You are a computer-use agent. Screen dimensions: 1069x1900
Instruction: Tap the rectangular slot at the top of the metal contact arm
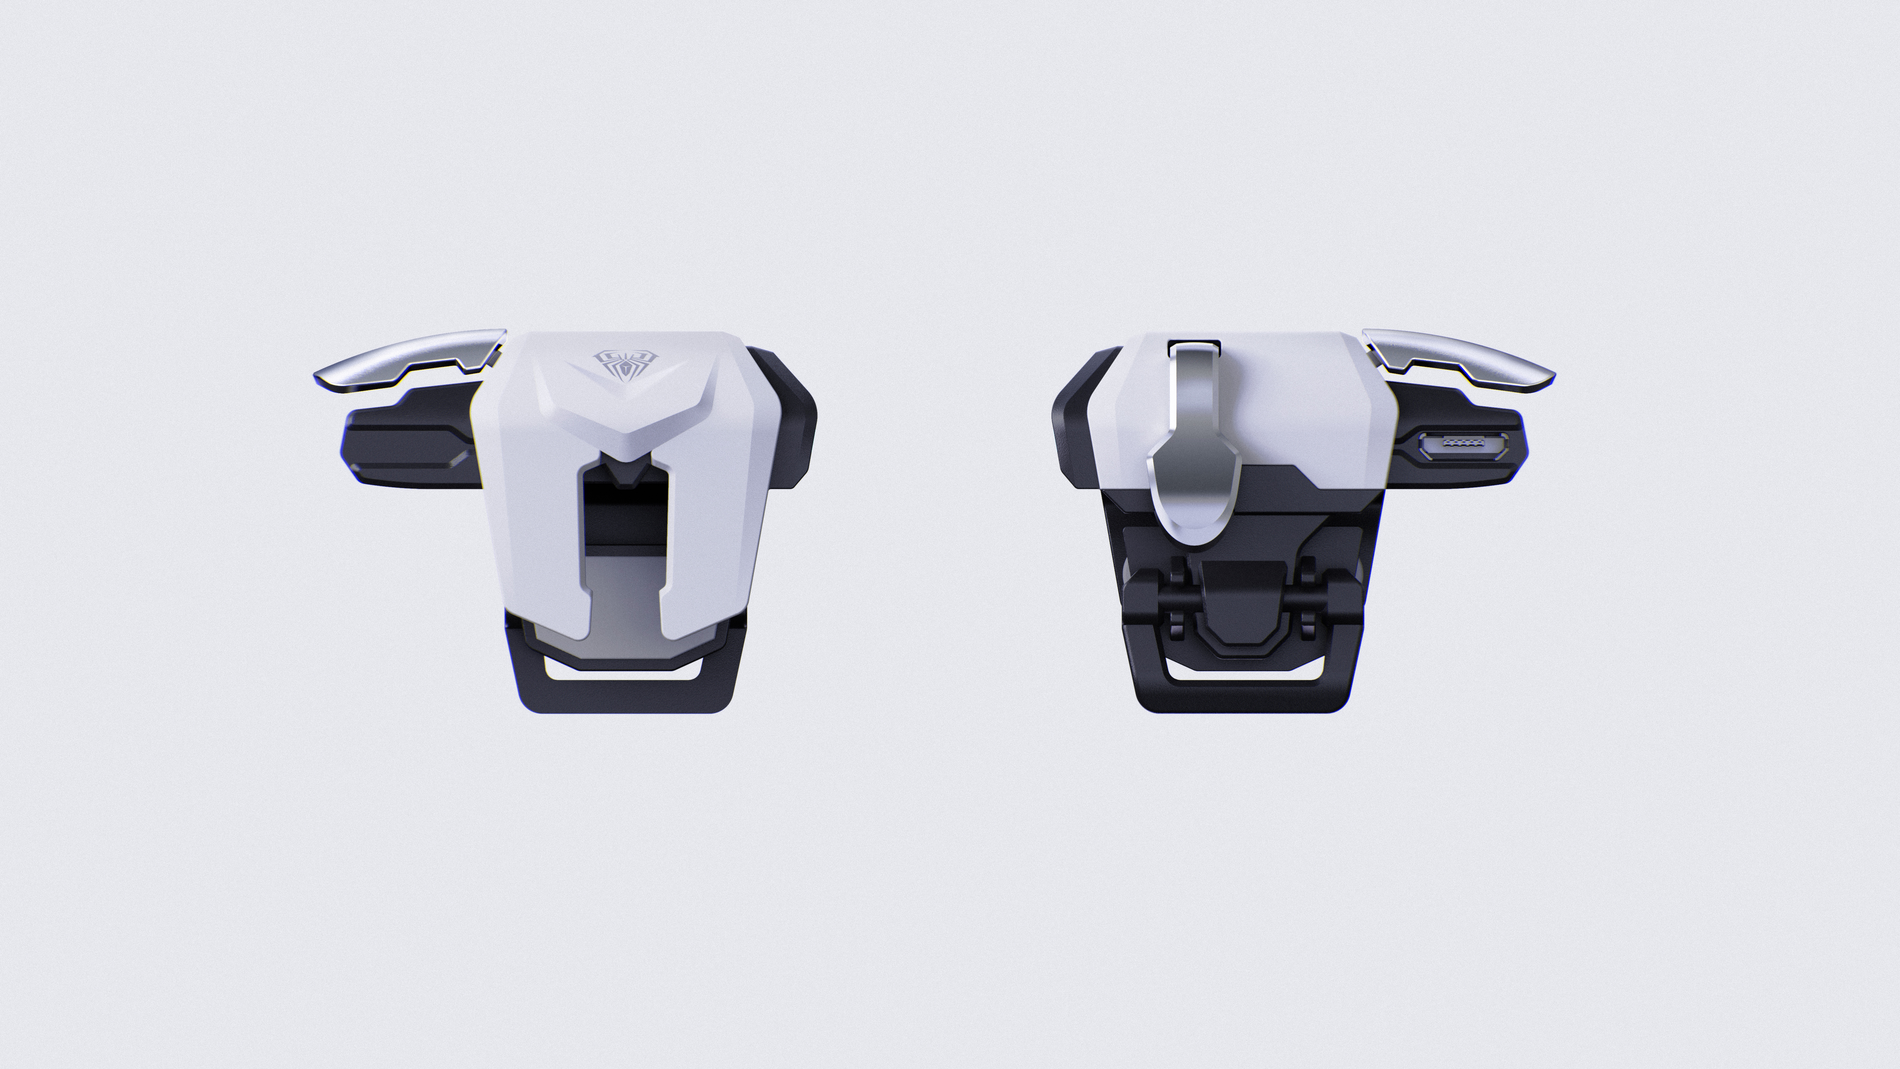[1194, 344]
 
